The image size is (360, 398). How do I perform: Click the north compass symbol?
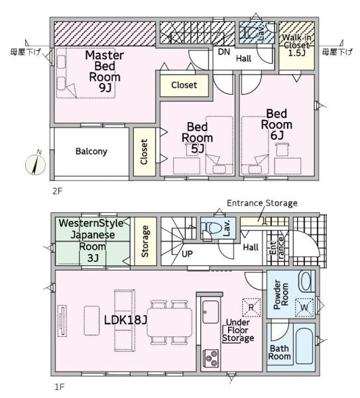tap(36, 165)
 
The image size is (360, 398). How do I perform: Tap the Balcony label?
tap(91, 151)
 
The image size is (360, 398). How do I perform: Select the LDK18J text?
tap(125, 320)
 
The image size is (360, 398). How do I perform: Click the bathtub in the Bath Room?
tap(304, 346)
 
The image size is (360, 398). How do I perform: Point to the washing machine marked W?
tap(304, 307)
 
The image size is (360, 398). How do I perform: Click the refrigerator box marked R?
tap(251, 307)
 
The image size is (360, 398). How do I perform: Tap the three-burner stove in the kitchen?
tap(211, 358)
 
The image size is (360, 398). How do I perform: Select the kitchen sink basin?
tap(211, 312)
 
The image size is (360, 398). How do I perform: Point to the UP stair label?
tap(187, 253)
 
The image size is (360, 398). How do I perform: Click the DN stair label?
tap(224, 52)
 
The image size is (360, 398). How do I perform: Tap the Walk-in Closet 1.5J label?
tap(296, 45)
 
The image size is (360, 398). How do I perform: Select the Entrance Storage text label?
tap(262, 203)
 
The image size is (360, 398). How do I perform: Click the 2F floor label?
tap(58, 191)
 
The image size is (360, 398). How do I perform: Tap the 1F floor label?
tap(60, 387)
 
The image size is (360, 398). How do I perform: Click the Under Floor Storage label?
tap(238, 330)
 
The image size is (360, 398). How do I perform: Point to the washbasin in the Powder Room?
tap(305, 281)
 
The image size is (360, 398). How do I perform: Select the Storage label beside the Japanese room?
tap(145, 241)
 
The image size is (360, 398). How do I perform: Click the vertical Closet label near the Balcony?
tap(144, 152)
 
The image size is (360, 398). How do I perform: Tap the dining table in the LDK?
tap(170, 322)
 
